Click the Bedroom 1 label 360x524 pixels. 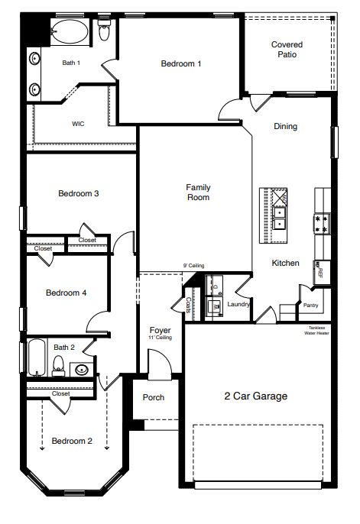[181, 64]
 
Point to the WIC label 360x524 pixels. [78, 123]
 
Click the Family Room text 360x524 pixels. [198, 192]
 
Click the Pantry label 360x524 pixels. [310, 306]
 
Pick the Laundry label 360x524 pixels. [239, 304]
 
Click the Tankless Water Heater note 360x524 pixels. [316, 330]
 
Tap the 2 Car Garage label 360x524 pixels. [255, 396]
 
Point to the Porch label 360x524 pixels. [154, 397]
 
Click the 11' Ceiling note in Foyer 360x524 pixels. [160, 337]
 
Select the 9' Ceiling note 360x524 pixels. [193, 266]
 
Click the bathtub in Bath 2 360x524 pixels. [37, 357]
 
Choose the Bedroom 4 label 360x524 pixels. [66, 293]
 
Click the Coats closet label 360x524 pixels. [188, 304]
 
